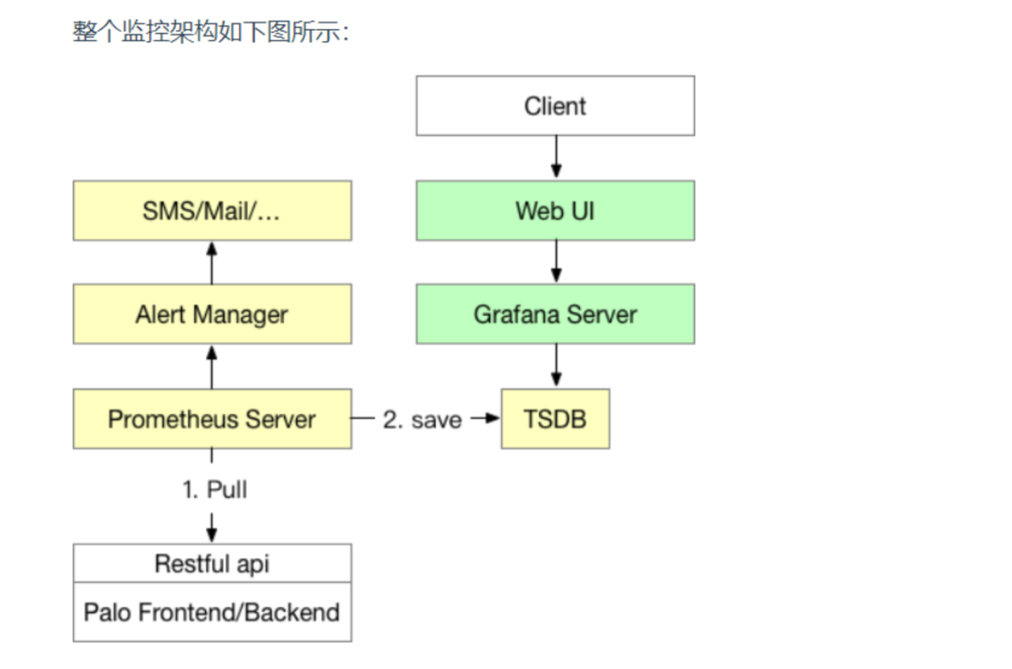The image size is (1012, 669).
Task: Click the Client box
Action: pyautogui.click(x=555, y=106)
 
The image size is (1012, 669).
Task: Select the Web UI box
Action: pyautogui.click(x=555, y=211)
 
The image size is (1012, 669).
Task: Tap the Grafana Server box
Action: pyautogui.click(x=555, y=314)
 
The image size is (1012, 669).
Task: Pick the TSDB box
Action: pyautogui.click(x=555, y=419)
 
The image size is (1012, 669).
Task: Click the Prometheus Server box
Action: pyautogui.click(x=213, y=419)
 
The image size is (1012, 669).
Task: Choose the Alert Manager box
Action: pyautogui.click(x=213, y=314)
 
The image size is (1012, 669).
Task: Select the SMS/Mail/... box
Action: pyautogui.click(x=213, y=211)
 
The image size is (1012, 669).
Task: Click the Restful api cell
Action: pyautogui.click(x=213, y=563)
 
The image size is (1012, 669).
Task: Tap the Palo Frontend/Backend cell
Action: pyautogui.click(x=213, y=612)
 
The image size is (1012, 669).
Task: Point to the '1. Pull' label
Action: pyautogui.click(x=215, y=490)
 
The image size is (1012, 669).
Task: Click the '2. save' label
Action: pyautogui.click(x=422, y=420)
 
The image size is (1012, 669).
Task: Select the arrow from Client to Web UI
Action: pyautogui.click(x=556, y=157)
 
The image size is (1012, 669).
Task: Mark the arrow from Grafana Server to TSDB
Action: pyautogui.click(x=556, y=365)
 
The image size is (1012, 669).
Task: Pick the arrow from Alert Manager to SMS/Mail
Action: pyautogui.click(x=212, y=262)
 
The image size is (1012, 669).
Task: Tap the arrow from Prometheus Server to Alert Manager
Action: pyautogui.click(x=212, y=367)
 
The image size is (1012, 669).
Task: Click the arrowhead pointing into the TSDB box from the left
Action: pyautogui.click(x=493, y=418)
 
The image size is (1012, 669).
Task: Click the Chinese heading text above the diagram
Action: pyautogui.click(x=211, y=31)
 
